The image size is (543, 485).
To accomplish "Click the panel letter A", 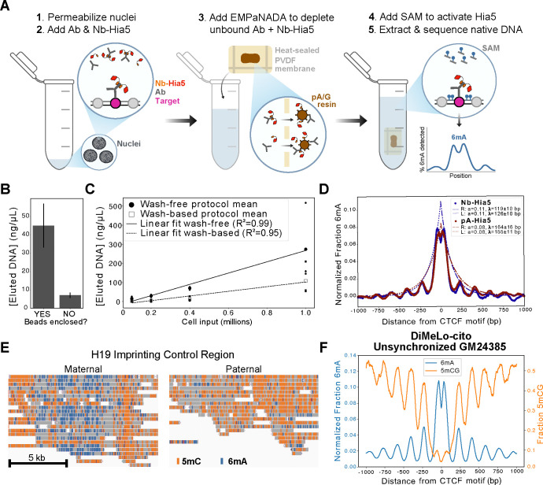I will (7, 7).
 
